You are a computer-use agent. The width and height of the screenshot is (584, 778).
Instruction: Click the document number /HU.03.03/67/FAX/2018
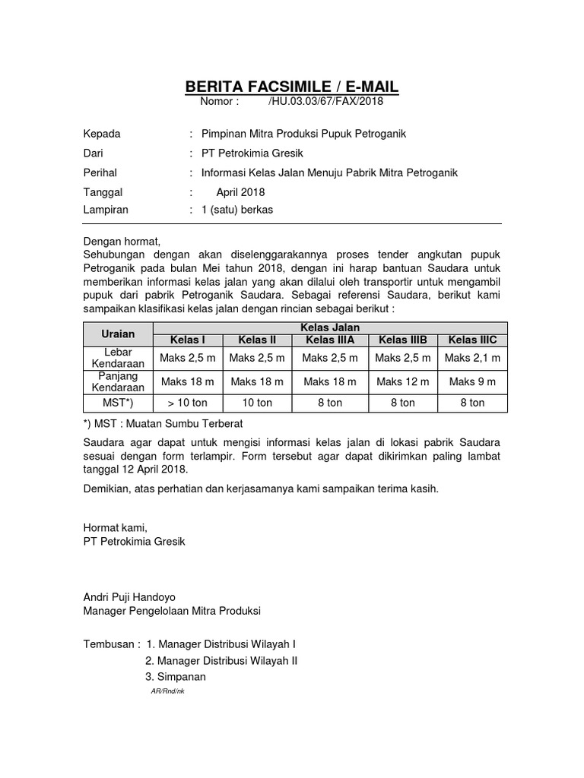(326, 101)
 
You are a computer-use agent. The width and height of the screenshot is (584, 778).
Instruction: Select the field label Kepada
(102, 134)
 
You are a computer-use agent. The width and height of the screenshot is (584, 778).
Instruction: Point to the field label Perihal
(100, 173)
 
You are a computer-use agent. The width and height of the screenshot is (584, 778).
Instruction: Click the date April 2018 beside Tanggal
(240, 193)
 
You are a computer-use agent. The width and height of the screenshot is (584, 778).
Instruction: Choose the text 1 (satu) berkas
(236, 210)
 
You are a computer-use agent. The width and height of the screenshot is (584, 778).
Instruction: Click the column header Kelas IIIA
(328, 340)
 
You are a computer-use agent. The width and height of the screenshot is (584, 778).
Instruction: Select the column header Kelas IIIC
(472, 340)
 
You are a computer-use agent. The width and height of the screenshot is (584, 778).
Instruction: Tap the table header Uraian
(118, 334)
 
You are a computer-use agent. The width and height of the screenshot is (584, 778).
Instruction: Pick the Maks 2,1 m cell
(472, 358)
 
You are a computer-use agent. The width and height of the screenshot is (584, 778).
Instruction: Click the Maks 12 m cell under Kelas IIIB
(403, 381)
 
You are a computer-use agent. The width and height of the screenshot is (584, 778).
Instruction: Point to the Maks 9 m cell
(472, 381)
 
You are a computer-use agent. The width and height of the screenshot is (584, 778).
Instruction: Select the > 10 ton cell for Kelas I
(188, 403)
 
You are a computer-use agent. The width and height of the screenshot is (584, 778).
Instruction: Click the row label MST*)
(118, 403)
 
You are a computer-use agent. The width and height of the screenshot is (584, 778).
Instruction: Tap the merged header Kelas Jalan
(330, 327)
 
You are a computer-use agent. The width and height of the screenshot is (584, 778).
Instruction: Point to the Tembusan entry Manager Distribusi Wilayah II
(221, 660)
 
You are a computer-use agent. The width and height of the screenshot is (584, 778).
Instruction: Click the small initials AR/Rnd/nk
(168, 690)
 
